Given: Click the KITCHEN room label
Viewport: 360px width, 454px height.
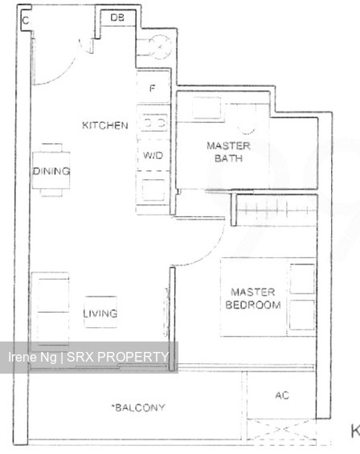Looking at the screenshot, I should click(x=104, y=125).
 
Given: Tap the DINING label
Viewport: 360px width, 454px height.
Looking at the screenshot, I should click(x=51, y=171).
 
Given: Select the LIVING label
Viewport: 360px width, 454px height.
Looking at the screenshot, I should click(x=101, y=313).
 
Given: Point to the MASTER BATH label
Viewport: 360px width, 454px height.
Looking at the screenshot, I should click(x=228, y=152).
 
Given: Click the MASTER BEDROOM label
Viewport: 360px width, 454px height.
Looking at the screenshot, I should click(x=253, y=299).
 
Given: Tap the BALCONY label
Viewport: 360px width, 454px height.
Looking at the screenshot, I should click(x=139, y=407).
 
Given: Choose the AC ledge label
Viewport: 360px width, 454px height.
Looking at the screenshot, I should click(x=281, y=395).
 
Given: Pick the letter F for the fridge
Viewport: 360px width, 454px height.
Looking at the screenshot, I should click(x=152, y=88).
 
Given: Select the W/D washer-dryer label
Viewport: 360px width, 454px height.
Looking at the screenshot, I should click(x=153, y=155).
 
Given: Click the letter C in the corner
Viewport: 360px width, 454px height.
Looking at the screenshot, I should click(x=26, y=19).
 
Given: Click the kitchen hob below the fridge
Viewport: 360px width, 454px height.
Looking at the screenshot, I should click(x=153, y=122).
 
